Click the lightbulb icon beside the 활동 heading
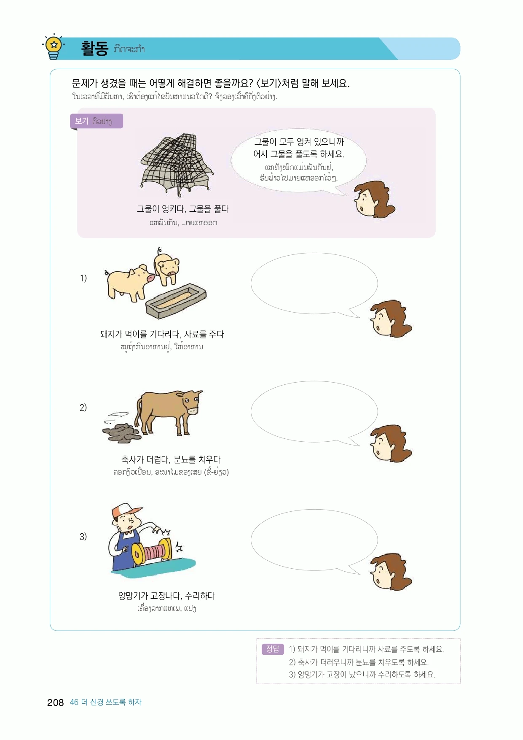click(54, 46)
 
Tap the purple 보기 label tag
click(97, 121)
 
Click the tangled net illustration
click(177, 165)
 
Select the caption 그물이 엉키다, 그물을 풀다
click(182, 209)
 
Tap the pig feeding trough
click(176, 301)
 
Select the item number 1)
click(83, 278)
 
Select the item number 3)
click(83, 537)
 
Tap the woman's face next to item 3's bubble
click(389, 572)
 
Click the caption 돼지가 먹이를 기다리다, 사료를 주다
click(162, 334)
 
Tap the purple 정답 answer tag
click(273, 649)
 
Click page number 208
click(55, 702)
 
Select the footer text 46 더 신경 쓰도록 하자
click(106, 702)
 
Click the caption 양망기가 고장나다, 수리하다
click(166, 596)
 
